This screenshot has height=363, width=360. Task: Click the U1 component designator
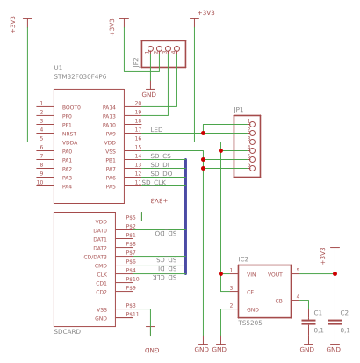(x=58, y=68)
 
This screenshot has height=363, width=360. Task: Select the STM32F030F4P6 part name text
(x=80, y=76)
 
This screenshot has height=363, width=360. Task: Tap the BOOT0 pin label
(x=70, y=107)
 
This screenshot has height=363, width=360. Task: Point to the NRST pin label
(x=68, y=134)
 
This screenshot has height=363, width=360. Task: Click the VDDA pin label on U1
(x=69, y=142)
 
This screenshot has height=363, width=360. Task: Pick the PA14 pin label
(x=109, y=107)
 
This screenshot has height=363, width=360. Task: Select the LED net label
(x=156, y=129)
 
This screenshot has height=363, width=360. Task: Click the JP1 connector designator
(x=238, y=109)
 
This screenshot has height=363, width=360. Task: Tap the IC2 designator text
(x=243, y=259)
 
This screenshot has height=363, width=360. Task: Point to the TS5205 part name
(x=251, y=323)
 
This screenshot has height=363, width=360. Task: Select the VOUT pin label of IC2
(x=275, y=274)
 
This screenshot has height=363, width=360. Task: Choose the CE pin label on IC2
(x=250, y=292)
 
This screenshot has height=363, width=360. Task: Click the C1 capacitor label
(x=318, y=312)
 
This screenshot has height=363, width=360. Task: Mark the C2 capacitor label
(x=344, y=312)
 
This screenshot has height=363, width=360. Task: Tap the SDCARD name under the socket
(x=67, y=332)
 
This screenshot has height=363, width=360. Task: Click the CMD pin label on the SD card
(x=101, y=265)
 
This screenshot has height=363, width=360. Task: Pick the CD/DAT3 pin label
(x=95, y=257)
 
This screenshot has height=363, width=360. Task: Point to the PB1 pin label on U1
(x=111, y=160)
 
